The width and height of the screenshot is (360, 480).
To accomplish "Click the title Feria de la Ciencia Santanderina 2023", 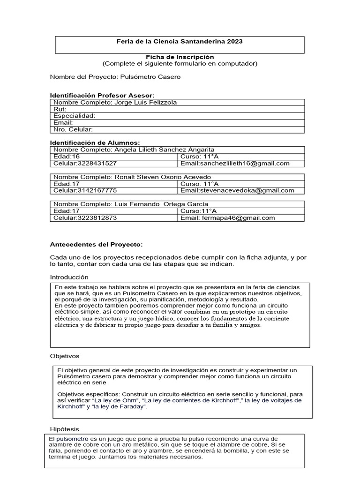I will [180, 42].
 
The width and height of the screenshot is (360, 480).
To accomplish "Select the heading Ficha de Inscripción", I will [180, 56].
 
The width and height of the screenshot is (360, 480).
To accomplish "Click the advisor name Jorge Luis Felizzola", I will [145, 102].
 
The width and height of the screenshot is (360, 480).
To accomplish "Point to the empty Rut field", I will [178, 109].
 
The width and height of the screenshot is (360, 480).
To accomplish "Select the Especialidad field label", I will [74, 115].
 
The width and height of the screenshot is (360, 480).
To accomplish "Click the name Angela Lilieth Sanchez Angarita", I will [164, 150].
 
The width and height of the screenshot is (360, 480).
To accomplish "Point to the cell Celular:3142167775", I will [85, 190].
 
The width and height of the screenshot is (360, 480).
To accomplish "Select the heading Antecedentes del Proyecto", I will [96, 244].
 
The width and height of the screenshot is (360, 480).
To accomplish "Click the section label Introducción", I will [69, 277].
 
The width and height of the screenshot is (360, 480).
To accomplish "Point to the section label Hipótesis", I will [65, 429].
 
